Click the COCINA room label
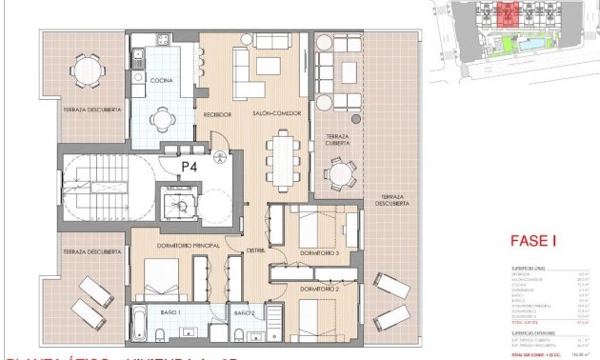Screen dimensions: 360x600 point(160,81)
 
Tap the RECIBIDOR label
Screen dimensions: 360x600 point(217,114)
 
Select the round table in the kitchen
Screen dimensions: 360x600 point(162,122)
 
